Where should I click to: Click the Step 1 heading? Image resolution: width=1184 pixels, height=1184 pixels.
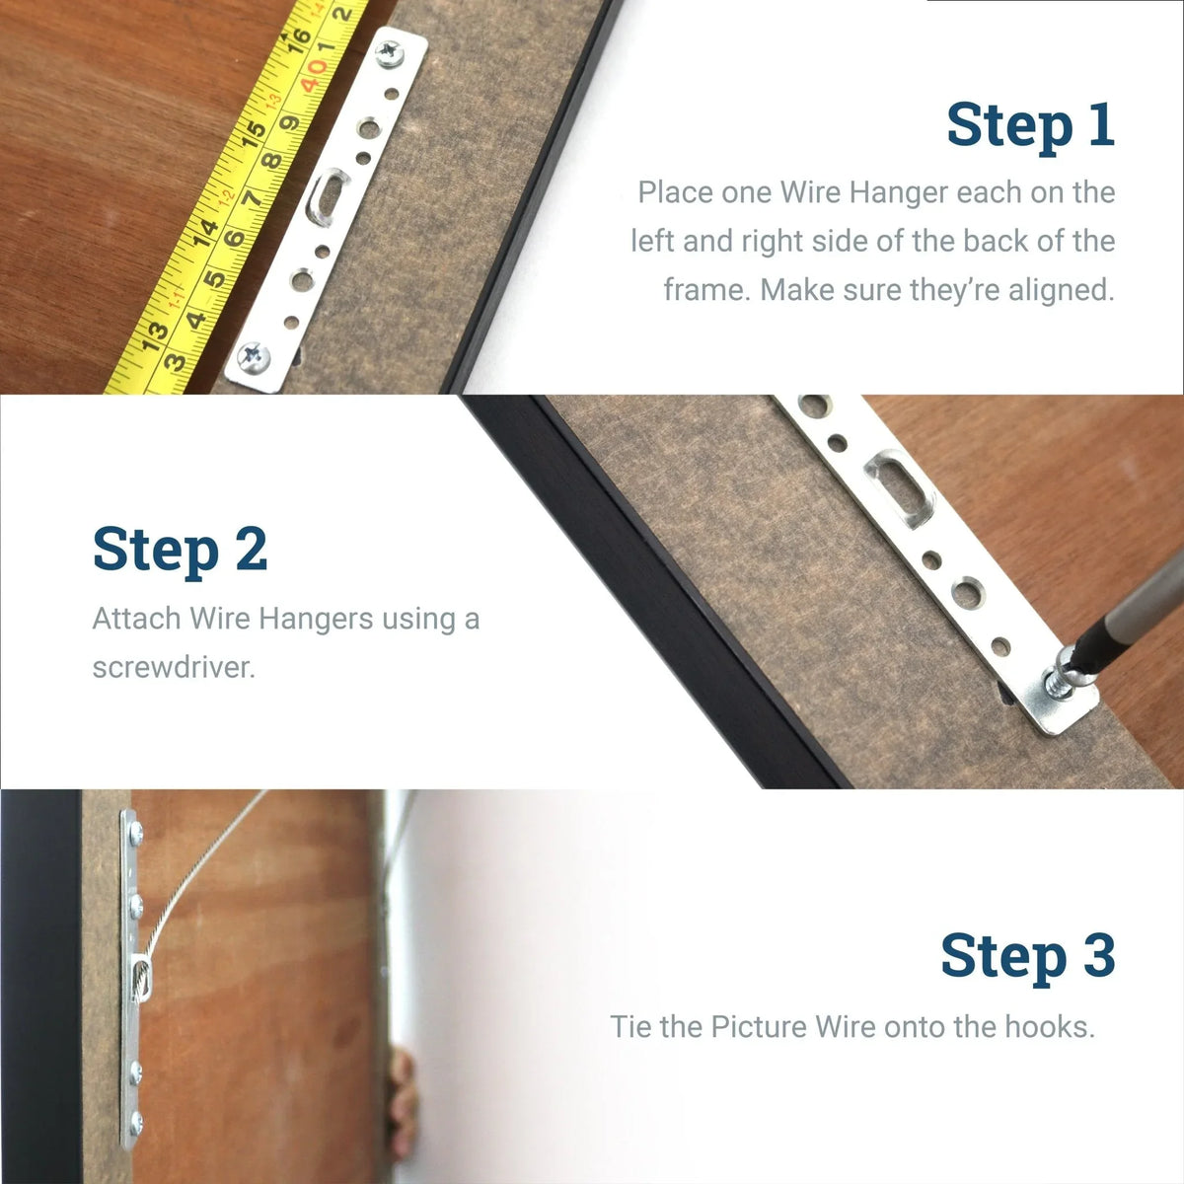pos(1030,125)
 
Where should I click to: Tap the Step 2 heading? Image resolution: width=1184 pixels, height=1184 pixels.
pos(180,550)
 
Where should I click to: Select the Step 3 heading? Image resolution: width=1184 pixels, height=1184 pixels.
pos(1027,955)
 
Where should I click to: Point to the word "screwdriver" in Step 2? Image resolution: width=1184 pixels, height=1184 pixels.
pos(174,668)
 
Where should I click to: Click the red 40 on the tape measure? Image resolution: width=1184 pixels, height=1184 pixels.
pos(313,70)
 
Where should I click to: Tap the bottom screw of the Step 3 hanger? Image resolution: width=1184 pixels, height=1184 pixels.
pos(137,1120)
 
